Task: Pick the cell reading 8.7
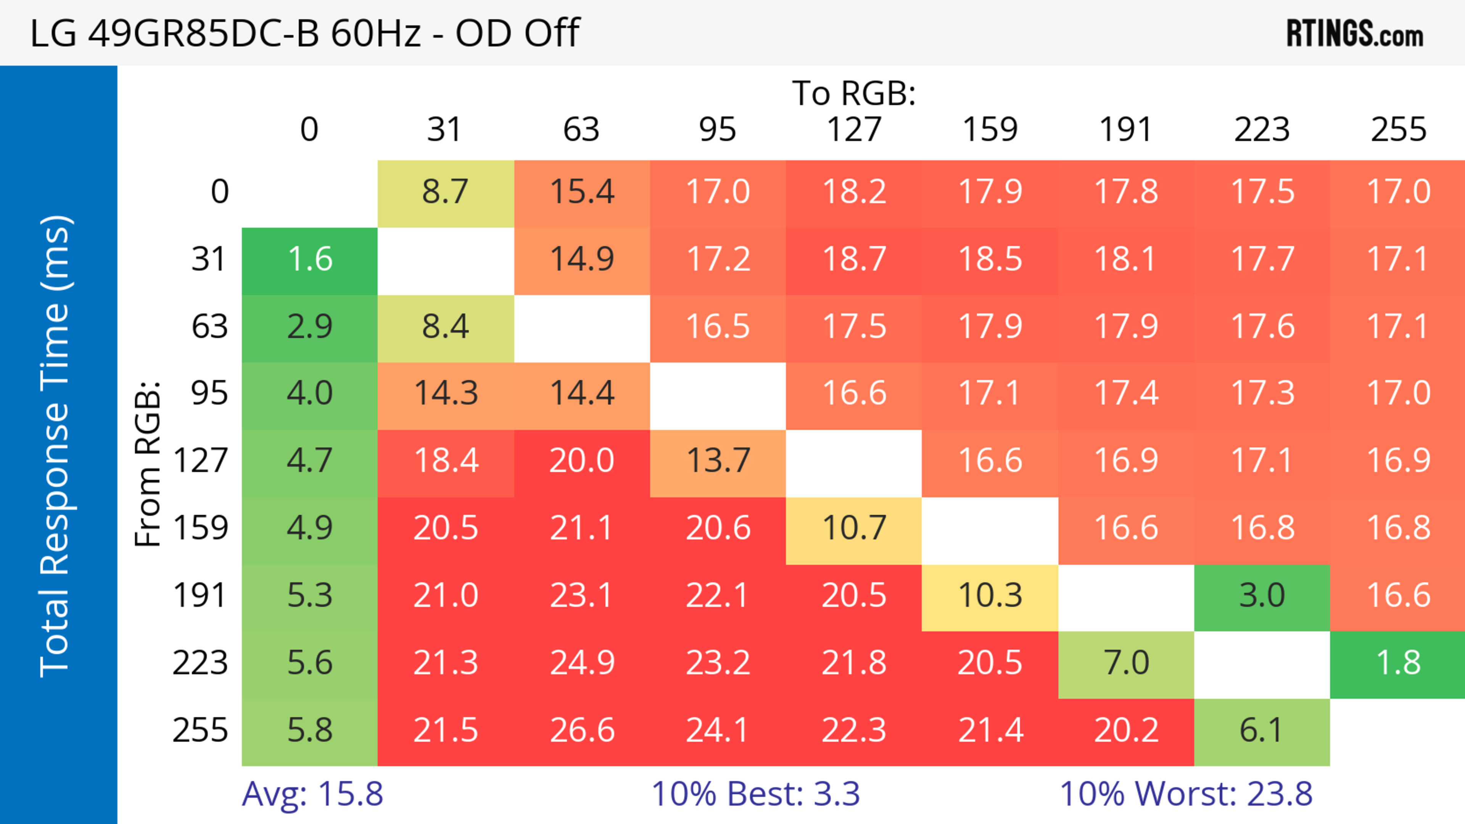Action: coord(445,192)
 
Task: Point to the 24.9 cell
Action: coord(582,663)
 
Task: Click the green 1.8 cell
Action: coord(1398,663)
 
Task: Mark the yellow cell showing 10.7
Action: coord(854,528)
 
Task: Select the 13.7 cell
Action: coord(718,461)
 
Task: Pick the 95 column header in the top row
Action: coord(718,130)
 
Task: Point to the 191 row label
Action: coord(200,596)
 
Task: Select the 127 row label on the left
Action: coord(200,461)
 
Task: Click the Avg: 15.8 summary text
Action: coord(312,794)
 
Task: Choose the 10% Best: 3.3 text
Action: coord(755,794)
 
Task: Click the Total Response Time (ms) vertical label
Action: coord(56,446)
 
